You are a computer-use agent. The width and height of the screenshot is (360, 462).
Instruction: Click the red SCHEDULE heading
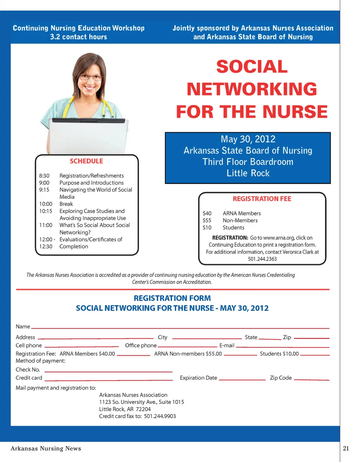(x=86, y=161)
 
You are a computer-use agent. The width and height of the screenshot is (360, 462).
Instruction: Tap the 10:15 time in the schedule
(x=45, y=211)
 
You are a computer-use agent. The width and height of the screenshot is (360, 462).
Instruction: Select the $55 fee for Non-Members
(x=207, y=220)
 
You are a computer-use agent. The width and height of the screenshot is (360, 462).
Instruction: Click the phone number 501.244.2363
(x=262, y=259)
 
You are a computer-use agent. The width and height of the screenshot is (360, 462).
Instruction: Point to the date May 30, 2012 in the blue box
(x=248, y=139)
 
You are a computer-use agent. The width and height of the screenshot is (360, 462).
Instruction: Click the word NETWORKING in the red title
(x=252, y=89)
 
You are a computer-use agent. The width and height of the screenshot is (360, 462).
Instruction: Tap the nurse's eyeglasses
(x=90, y=77)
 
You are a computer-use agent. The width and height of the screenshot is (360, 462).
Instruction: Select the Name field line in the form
(x=180, y=328)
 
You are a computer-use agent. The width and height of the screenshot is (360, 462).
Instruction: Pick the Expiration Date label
(x=198, y=378)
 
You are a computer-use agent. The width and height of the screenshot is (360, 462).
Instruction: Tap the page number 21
(x=346, y=448)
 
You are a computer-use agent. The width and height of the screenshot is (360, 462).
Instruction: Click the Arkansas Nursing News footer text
(x=46, y=448)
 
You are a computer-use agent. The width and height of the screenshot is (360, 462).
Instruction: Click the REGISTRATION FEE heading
(x=262, y=199)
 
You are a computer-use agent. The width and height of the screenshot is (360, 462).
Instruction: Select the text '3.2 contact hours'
(x=78, y=37)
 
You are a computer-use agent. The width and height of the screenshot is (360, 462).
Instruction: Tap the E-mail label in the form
(x=226, y=345)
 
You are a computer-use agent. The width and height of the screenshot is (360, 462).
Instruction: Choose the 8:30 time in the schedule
(x=44, y=176)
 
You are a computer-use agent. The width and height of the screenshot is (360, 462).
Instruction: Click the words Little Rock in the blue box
(x=248, y=173)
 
